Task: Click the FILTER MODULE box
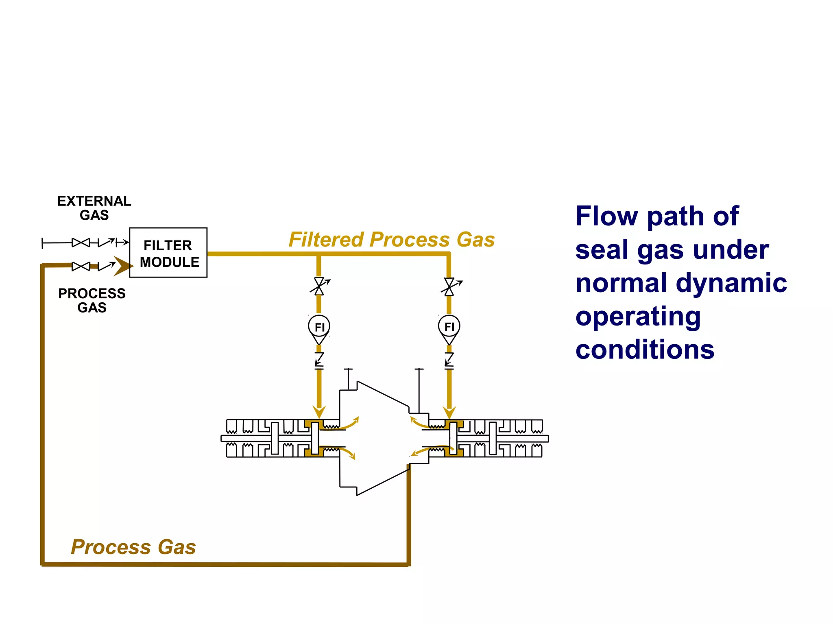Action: pos(168,253)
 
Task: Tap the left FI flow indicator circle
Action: pos(319,326)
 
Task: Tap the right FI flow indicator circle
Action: pos(449,326)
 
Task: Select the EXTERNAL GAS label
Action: pos(94,208)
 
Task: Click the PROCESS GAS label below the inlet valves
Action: pos(92,300)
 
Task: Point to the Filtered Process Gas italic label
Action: pos(391,239)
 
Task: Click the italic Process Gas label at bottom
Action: pos(133,546)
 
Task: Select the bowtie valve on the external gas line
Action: pos(81,243)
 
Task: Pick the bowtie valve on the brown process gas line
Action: pos(81,266)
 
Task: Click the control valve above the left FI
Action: pos(319,286)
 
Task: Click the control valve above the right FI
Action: pos(449,286)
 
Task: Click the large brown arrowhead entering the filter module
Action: pos(122,266)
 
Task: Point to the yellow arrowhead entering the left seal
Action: pos(319,412)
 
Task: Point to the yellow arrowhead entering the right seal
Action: pos(449,412)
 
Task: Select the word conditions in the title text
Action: pos(645,350)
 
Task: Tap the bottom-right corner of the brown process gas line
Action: pos(408,564)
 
